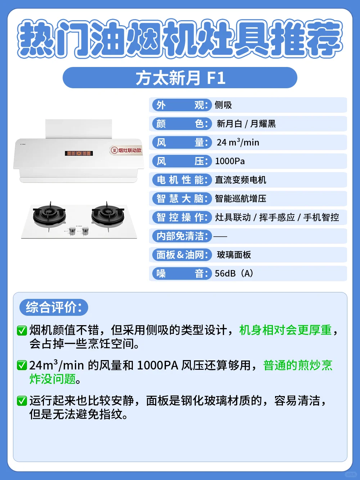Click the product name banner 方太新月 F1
180,78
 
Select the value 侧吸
223,105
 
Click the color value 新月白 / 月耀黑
246,124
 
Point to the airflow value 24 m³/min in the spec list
238,142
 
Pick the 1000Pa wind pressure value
230,161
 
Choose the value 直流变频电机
240,180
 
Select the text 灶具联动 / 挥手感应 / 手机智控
277,217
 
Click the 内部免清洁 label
182,236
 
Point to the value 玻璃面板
234,255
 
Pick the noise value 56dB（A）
234,273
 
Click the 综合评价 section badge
54,307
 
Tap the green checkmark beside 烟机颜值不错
22,331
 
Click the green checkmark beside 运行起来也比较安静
22,401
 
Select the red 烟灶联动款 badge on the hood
126,150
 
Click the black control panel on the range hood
79,153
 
